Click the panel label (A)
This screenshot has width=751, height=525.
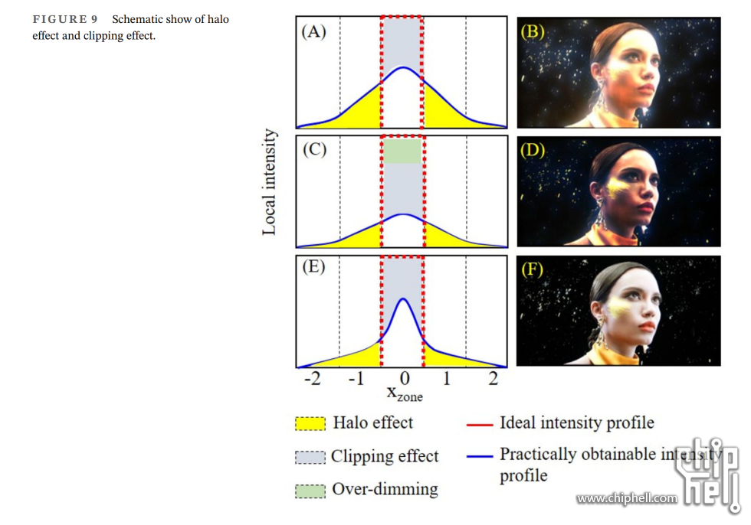click(314, 32)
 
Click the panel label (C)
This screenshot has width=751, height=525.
click(314, 149)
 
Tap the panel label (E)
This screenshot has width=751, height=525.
click(313, 268)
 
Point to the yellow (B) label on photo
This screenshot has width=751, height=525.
click(533, 32)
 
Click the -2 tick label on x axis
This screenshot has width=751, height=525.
click(312, 379)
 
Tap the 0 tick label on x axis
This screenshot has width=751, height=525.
click(404, 379)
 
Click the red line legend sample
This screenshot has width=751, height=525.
click(479, 423)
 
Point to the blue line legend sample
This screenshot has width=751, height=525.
click(479, 455)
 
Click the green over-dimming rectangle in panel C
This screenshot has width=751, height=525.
click(402, 152)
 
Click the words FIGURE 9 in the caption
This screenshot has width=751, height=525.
click(64, 19)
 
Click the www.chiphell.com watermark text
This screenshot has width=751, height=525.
click(627, 499)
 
